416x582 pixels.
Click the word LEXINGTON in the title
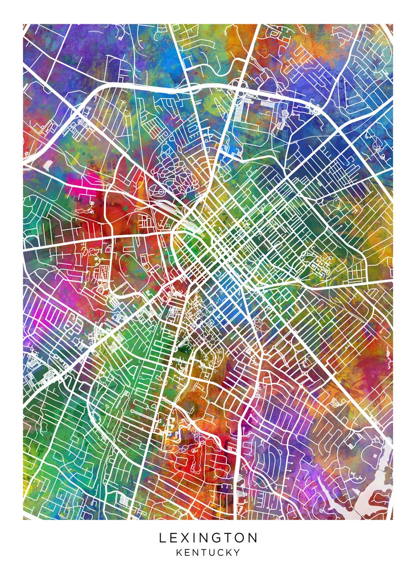coord(208,538)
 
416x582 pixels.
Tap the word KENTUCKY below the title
coord(208,552)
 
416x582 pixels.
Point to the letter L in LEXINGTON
coord(162,538)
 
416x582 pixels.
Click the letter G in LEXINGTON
coord(215,538)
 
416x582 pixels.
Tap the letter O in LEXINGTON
coord(240,538)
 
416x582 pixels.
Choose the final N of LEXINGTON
coord(253,538)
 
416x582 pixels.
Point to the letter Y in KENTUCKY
coord(237,552)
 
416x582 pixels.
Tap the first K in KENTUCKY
coord(179,552)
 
